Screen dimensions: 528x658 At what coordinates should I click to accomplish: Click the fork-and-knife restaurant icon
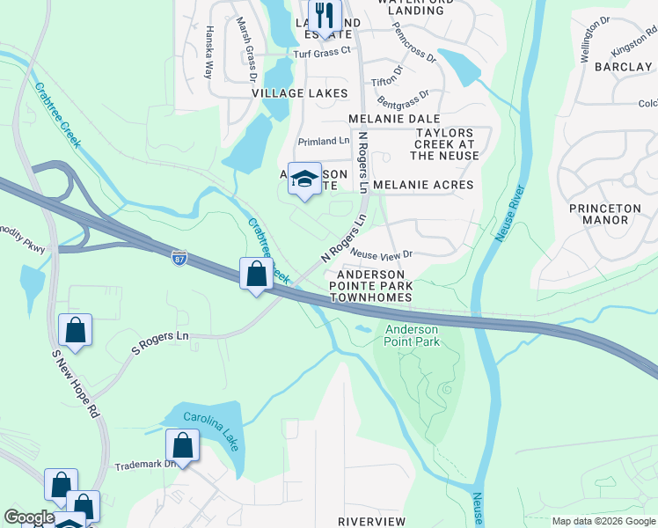[x=325, y=17]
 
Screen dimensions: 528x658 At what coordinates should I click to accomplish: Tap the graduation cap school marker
[x=304, y=179]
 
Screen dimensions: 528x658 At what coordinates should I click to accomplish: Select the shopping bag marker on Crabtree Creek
[x=256, y=274]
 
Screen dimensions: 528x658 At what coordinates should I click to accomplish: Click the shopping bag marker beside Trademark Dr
[x=182, y=446]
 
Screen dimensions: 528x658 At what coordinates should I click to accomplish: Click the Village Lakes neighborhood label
[x=299, y=93]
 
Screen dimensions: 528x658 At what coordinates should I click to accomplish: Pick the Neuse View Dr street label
[x=381, y=253]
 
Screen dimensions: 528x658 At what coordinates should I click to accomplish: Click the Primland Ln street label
[x=324, y=141]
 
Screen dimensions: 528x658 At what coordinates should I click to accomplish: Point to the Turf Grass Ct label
[x=322, y=50]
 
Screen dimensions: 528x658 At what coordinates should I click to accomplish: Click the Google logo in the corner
[x=28, y=518]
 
